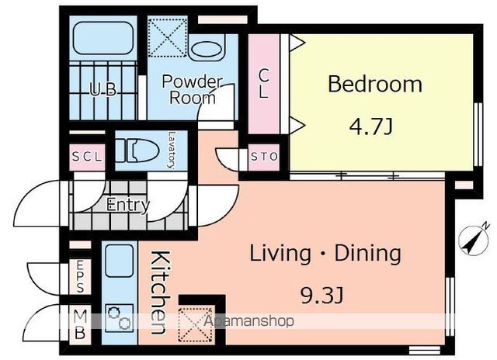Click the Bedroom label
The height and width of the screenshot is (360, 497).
tap(375, 85)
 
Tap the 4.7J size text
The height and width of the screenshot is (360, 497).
tap(371, 126)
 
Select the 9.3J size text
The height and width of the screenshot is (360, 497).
tap(321, 296)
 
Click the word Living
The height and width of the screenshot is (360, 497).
tap(280, 254)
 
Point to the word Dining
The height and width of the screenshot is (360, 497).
tap(368, 253)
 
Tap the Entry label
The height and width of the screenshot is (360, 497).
tap(128, 205)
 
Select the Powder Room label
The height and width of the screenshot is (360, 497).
tap(192, 89)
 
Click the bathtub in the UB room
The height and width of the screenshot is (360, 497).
tap(103, 38)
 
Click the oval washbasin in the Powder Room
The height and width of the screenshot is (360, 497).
tap(206, 49)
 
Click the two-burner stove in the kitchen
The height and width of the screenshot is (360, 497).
tap(119, 317)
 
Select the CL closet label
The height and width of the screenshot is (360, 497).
tap(264, 84)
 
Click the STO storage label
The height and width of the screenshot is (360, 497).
tap(264, 157)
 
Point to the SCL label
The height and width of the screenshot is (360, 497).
tap(87, 157)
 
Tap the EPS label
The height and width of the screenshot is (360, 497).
tap(80, 276)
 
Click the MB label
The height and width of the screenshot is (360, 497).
tap(80, 324)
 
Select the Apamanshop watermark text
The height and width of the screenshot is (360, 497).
tap(248, 321)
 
